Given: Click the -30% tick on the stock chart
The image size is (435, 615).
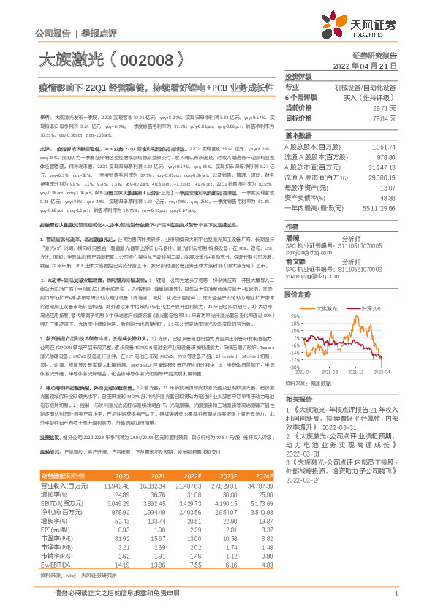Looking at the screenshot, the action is coord(294,367).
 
